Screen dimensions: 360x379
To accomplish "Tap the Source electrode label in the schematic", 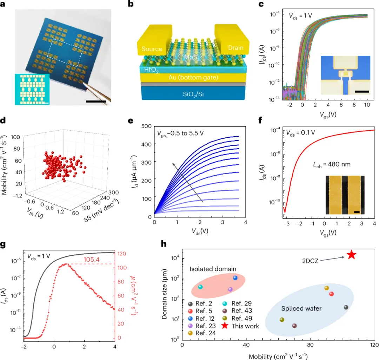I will point(152,49).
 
